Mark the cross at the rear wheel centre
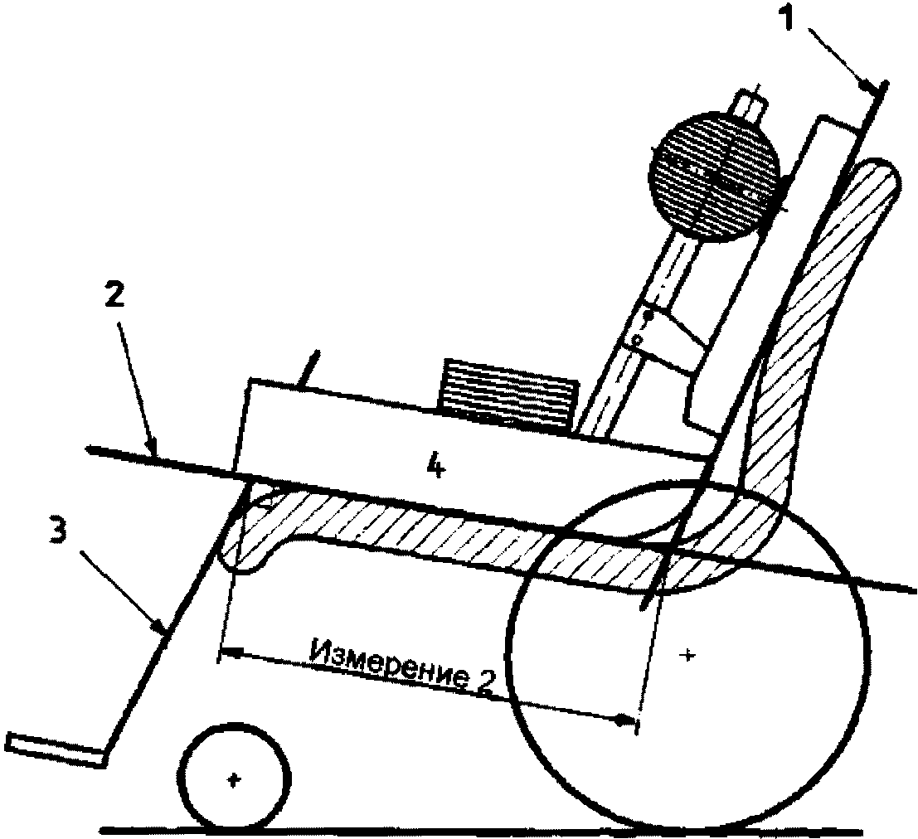pos(687,656)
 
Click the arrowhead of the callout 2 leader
pos(153,450)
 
